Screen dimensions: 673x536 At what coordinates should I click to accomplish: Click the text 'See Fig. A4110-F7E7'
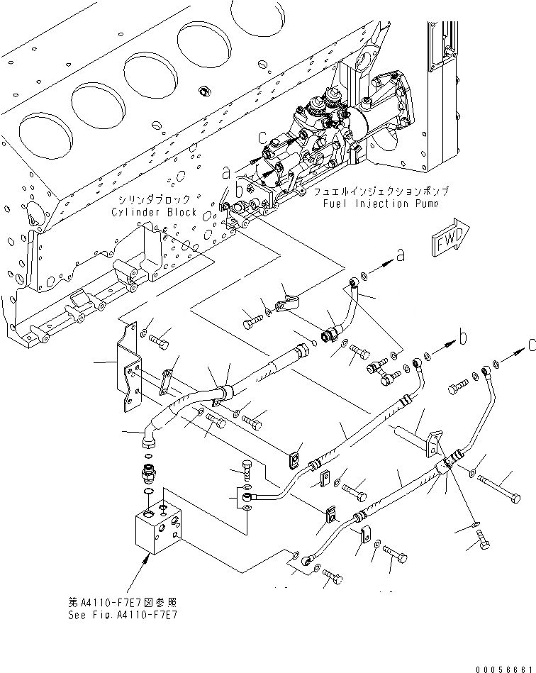pyautogui.click(x=122, y=615)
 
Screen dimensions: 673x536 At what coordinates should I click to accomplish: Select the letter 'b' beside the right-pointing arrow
pyautogui.click(x=463, y=338)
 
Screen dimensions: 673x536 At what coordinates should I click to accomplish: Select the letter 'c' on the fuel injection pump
pyautogui.click(x=262, y=138)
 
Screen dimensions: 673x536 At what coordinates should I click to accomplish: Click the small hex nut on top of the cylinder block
pyautogui.click(x=204, y=91)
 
